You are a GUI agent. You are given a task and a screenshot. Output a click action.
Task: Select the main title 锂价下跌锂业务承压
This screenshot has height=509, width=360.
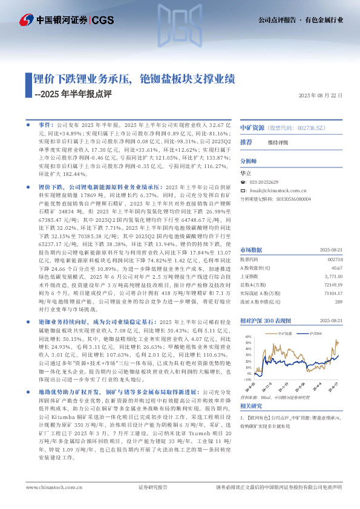[x=83, y=79]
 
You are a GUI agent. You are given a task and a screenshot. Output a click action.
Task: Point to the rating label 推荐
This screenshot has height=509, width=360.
[x=246, y=142]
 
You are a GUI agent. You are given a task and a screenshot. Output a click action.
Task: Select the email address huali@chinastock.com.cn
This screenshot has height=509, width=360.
[x=278, y=190]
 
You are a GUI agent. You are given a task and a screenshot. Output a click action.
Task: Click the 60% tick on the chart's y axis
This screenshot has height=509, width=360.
[x=246, y=336]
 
